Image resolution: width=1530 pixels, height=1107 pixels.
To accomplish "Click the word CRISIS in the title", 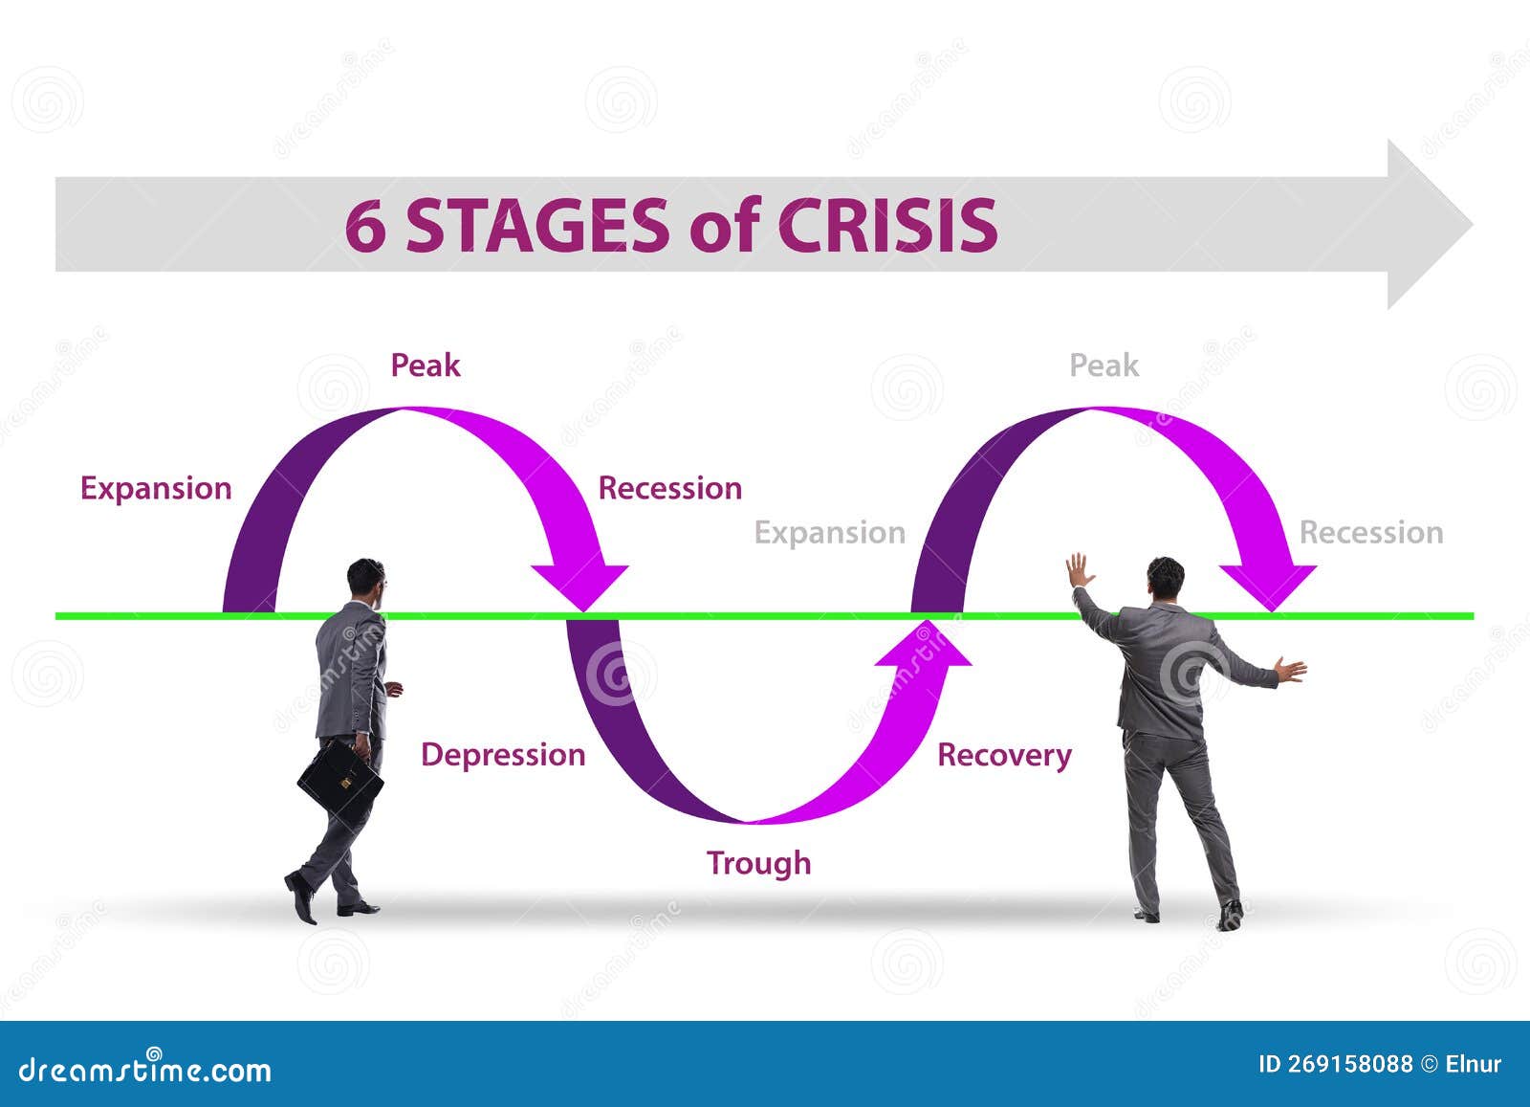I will coord(886,226).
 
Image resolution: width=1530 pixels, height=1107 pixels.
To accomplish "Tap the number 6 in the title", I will coord(364,227).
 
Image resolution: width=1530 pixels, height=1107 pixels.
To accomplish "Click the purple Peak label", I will coord(425,365).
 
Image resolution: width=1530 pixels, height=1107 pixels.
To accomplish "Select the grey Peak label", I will coord(1104,365).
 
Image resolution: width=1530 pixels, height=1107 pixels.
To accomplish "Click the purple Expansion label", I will coord(156,488).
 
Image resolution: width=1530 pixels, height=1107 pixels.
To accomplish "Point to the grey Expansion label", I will coord(829,533).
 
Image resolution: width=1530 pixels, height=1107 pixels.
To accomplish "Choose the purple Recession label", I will coord(669,488).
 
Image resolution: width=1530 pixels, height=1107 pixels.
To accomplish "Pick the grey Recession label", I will coord(1370,533).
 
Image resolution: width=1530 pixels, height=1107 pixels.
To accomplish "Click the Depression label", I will coord(503,755).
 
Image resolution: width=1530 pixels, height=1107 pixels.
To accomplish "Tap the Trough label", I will coord(758,863).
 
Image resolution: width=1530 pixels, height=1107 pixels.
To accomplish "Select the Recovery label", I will coord(1004,755).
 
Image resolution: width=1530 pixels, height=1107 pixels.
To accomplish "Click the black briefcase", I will coord(340,781).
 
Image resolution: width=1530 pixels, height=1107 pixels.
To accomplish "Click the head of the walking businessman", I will coord(365,579).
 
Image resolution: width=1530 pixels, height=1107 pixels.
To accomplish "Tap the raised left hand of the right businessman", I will coord(1079,570).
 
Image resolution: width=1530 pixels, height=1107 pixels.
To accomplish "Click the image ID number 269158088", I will coord(1349,1064).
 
